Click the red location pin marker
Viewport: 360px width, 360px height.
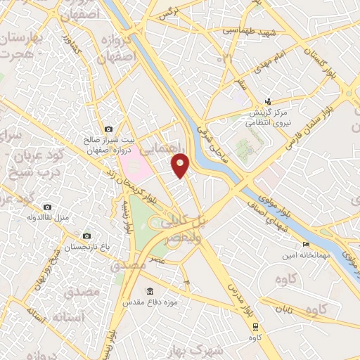pyautogui.click(x=181, y=165)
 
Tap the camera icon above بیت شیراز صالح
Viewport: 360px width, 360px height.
pyautogui.click(x=108, y=129)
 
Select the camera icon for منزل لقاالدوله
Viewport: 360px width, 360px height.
pyautogui.click(x=47, y=207)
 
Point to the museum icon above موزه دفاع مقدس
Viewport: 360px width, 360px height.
pyautogui.click(x=149, y=292)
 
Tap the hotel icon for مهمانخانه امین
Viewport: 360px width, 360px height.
pyautogui.click(x=304, y=245)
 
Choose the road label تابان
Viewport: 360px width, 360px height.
pyautogui.click(x=282, y=309)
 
